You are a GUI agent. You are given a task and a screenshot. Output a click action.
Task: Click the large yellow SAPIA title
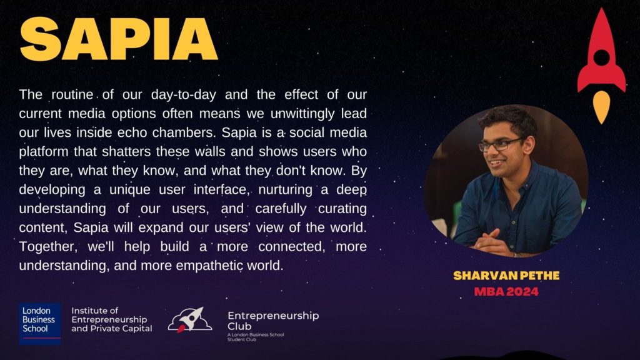[118, 39]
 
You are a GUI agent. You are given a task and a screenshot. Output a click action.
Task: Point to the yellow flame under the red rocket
[601, 107]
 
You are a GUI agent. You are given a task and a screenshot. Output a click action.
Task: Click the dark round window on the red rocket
[601, 57]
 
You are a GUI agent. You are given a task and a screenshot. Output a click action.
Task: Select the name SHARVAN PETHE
[506, 276]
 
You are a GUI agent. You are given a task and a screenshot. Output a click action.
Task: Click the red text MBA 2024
[506, 292]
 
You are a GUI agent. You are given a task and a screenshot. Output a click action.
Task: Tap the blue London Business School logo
[39, 323]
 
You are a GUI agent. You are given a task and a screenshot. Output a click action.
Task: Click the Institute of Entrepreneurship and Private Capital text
[111, 319]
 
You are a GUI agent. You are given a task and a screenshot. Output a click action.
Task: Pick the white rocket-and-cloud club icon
[190, 319]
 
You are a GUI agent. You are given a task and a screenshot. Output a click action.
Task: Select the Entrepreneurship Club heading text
[273, 321]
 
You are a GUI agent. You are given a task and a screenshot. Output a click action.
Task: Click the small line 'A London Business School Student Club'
[256, 337]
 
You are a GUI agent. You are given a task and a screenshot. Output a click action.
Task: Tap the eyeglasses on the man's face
[501, 144]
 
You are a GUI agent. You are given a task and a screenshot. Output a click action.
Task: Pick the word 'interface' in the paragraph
[221, 190]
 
